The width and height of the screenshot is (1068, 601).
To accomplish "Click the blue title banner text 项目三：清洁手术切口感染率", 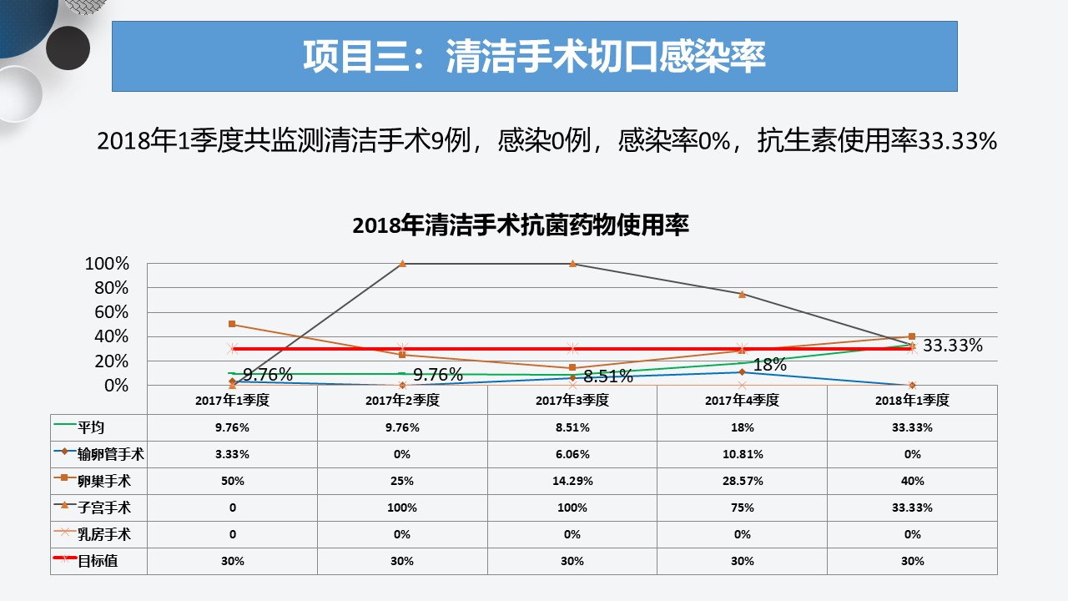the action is point(534,56).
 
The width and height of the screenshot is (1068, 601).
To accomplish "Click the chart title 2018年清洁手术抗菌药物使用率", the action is point(521,225).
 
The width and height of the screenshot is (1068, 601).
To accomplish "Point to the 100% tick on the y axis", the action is point(107,263).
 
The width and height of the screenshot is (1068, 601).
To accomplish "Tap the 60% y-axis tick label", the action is point(111,312).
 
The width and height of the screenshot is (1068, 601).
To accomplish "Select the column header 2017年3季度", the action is point(572,400).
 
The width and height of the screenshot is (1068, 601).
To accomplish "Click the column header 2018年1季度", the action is point(912,400).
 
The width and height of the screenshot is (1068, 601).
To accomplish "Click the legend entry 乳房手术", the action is point(104,534).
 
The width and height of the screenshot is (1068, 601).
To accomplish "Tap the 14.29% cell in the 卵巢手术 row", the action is point(572,481).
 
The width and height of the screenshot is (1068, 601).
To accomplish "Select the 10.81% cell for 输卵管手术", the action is point(743,454).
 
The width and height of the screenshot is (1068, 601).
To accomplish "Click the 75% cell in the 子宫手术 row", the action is point(743,508).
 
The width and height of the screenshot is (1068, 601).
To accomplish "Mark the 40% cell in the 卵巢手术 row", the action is point(912,481).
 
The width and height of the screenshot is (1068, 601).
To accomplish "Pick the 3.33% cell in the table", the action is point(232,454).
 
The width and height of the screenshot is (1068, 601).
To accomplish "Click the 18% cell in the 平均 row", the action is point(743,427).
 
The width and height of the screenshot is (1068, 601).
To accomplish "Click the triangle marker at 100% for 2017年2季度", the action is point(402,263).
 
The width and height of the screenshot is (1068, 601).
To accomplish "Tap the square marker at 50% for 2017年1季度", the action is point(232,324).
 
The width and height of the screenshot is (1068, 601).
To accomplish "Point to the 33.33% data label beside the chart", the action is point(953,345).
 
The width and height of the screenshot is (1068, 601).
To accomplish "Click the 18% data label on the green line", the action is point(769,365).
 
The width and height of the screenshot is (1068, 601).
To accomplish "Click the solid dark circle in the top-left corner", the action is point(68,48).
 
